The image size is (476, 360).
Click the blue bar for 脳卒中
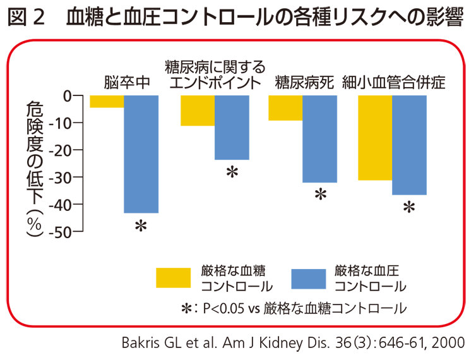(141, 154)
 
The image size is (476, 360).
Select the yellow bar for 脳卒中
(107, 102)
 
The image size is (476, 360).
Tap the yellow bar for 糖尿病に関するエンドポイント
(198, 111)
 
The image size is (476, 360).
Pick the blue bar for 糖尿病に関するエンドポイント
(232, 127)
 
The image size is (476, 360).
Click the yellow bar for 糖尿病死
(285, 108)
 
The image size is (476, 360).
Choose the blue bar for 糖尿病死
(319, 139)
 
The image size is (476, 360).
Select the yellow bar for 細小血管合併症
(375, 138)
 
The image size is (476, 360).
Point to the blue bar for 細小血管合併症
(409, 145)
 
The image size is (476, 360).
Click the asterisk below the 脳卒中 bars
(141, 225)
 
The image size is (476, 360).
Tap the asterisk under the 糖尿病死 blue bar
(320, 195)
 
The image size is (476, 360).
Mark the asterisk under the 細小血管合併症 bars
(410, 207)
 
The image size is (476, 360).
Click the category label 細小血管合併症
(394, 81)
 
